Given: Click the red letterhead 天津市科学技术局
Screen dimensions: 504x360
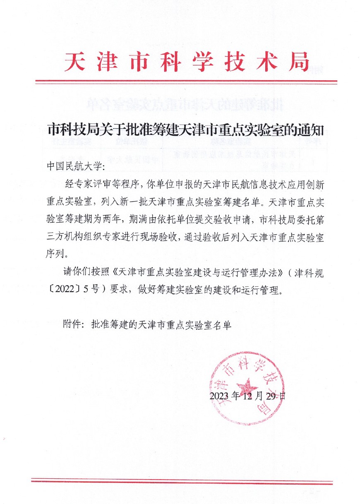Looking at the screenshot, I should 187,62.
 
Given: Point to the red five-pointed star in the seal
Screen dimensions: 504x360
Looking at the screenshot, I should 248,387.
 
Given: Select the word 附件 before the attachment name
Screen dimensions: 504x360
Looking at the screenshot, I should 72,325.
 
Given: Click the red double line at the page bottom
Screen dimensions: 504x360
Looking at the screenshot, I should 182,482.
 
